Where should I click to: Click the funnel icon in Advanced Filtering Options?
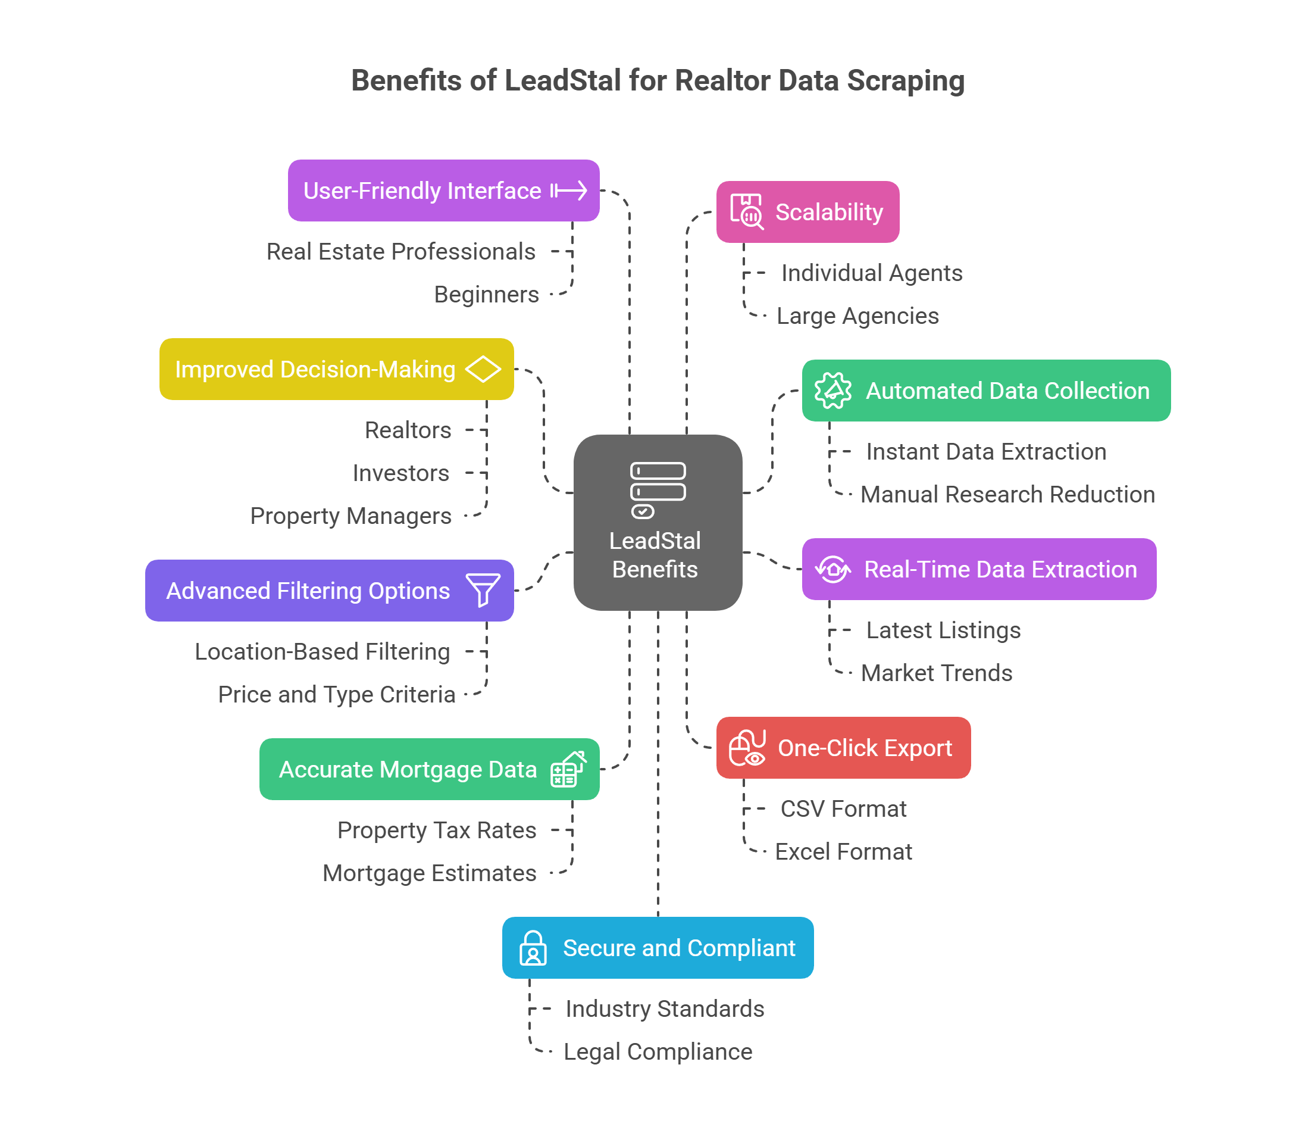click(x=483, y=589)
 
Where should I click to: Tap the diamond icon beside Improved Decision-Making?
click(x=483, y=369)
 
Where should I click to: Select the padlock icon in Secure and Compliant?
click(x=533, y=948)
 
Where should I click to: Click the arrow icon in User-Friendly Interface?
click(x=569, y=191)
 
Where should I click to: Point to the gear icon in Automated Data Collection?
click(x=832, y=391)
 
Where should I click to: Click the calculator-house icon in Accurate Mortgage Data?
click(x=568, y=769)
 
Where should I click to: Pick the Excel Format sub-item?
click(x=843, y=852)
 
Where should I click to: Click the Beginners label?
click(x=486, y=295)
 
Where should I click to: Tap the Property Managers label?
click(x=350, y=516)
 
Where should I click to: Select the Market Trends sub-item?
click(x=936, y=673)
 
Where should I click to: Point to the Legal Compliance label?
click(x=658, y=1052)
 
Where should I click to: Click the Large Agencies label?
click(x=857, y=316)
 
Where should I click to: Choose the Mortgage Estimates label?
click(x=430, y=873)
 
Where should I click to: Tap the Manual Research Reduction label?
click(x=1007, y=495)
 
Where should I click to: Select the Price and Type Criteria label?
click(x=337, y=695)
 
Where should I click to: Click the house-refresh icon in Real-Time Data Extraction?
click(x=832, y=570)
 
